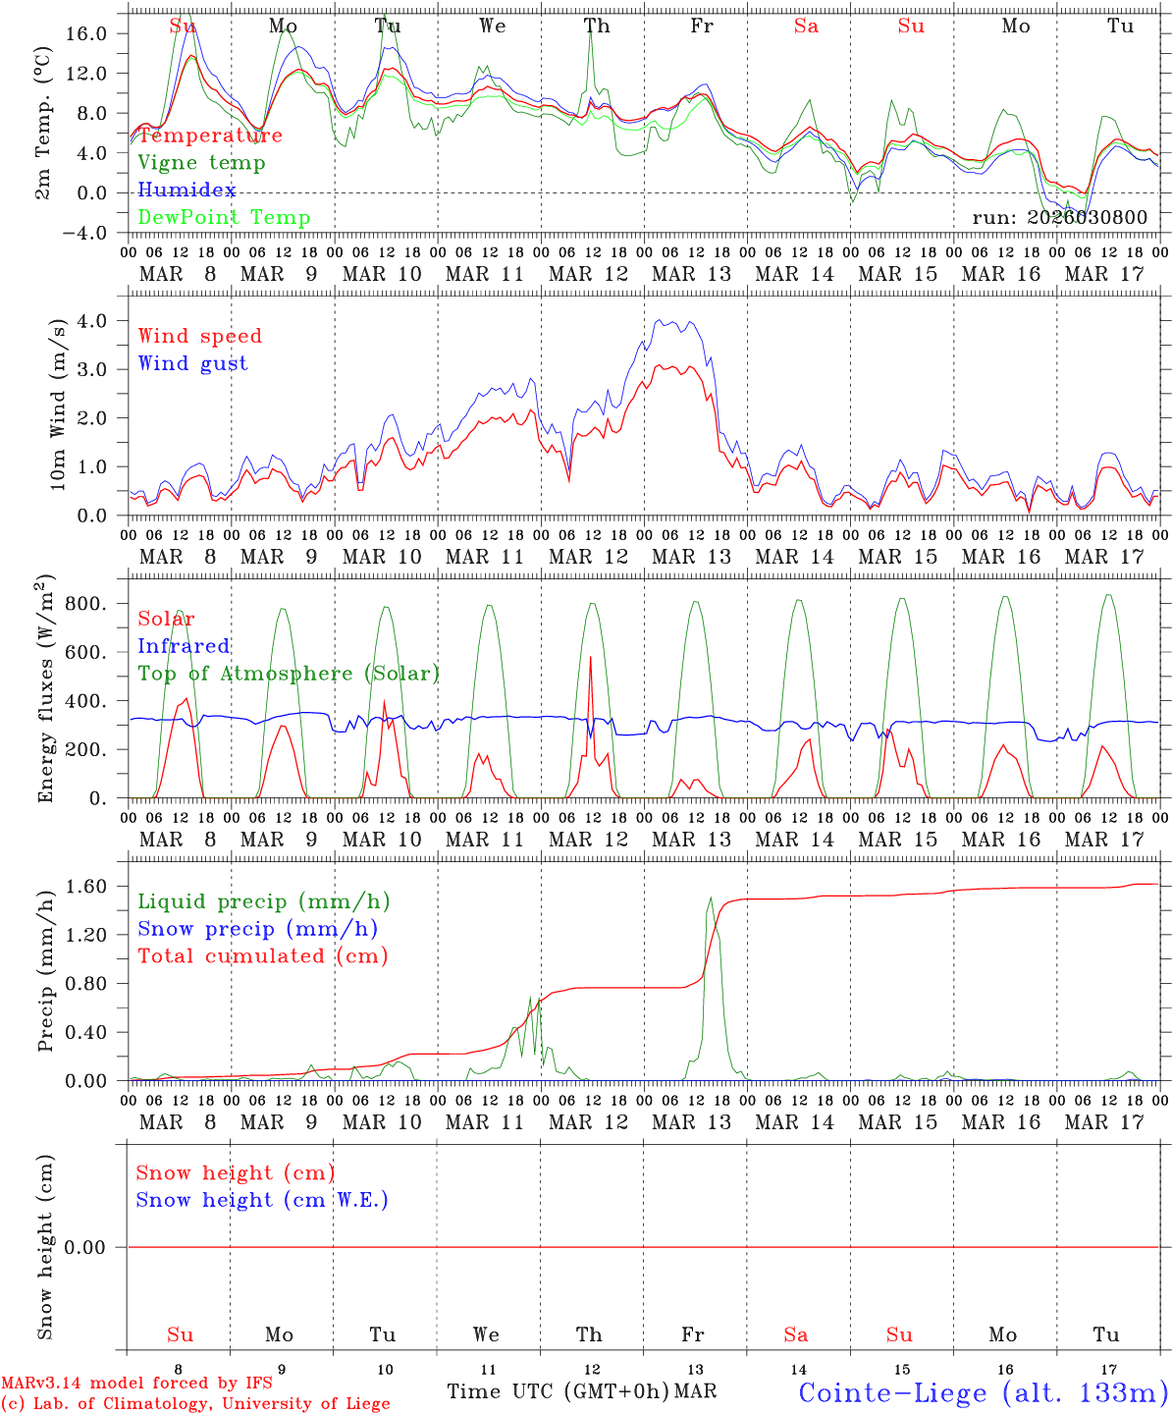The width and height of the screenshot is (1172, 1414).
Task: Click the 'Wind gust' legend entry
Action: point(192,363)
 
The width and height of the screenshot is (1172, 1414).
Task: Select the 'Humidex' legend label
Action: point(186,190)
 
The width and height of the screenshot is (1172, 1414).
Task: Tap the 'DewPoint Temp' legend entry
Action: point(224,217)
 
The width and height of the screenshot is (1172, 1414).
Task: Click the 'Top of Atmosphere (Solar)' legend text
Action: point(289,674)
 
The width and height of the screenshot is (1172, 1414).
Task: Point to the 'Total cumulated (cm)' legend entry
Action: point(263,955)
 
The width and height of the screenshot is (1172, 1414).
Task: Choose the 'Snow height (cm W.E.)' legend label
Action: point(262,1200)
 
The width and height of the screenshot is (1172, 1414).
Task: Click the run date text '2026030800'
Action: point(1087,217)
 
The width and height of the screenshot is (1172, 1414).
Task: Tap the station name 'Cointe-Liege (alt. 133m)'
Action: point(983,1391)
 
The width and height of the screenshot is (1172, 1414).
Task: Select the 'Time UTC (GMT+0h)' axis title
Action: point(559,1391)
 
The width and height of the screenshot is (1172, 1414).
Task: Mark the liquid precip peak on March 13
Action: point(711,897)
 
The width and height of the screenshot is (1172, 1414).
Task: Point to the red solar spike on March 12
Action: point(590,658)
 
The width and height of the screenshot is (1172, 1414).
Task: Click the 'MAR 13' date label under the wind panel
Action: point(692,557)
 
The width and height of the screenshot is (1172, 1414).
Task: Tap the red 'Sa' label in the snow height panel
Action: point(796,1334)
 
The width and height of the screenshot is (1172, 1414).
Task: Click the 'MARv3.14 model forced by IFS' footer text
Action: point(136,1383)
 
